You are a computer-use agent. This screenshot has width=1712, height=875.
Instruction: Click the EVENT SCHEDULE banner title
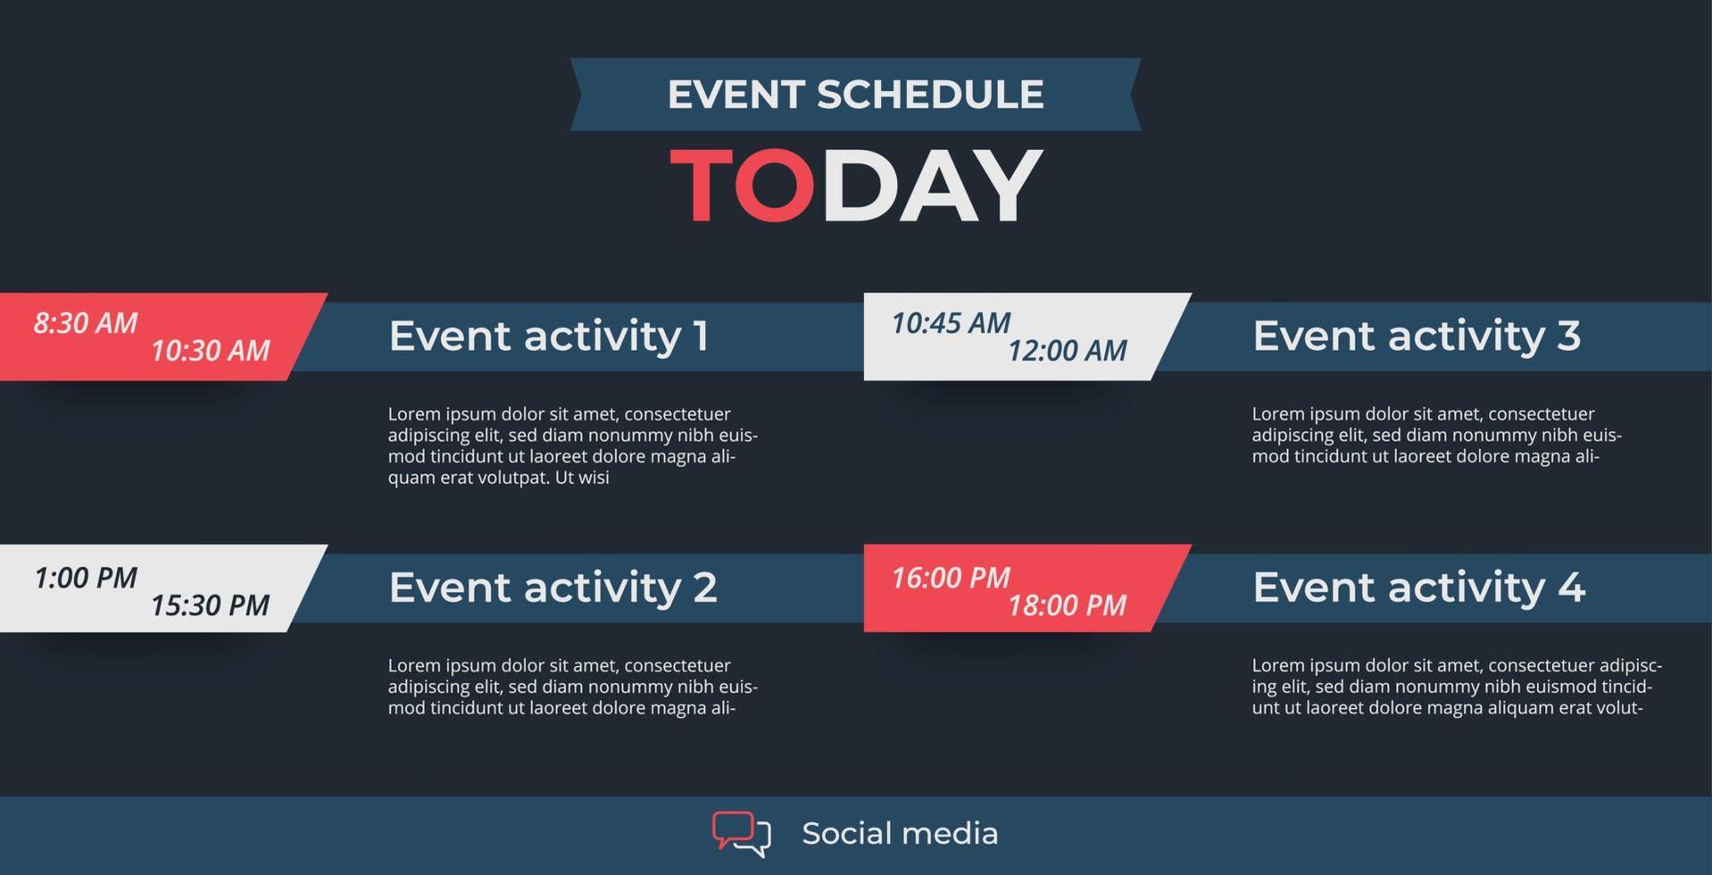pos(855,94)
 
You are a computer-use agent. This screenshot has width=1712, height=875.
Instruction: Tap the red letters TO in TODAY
pos(742,185)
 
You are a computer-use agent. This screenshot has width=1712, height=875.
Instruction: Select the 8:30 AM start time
pos(86,322)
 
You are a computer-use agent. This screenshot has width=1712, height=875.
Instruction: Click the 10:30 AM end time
pos(210,350)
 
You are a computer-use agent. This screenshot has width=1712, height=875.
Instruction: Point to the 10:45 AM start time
pos(951,322)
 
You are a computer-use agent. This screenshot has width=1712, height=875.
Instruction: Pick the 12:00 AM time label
pos(1068,350)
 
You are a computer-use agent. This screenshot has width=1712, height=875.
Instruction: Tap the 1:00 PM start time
pos(86,578)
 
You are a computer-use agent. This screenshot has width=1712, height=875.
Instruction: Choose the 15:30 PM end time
pos(210,605)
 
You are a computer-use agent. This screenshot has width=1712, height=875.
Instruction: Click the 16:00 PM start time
pos(951,578)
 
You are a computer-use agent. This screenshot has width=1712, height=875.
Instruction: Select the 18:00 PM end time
pos(1068,605)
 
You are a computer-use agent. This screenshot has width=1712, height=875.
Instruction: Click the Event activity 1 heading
pos(549,337)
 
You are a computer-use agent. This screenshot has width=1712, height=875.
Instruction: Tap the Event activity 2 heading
pos(553,588)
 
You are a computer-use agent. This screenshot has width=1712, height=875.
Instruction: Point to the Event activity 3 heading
pos(1417,337)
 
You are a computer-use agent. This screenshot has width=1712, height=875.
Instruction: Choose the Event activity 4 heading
pos(1419,588)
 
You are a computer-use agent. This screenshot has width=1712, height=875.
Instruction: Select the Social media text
pos(900,833)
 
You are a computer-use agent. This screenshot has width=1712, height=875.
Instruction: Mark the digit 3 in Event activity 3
pos(1568,336)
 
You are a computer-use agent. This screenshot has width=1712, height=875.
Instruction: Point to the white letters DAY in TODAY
pos(932,185)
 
